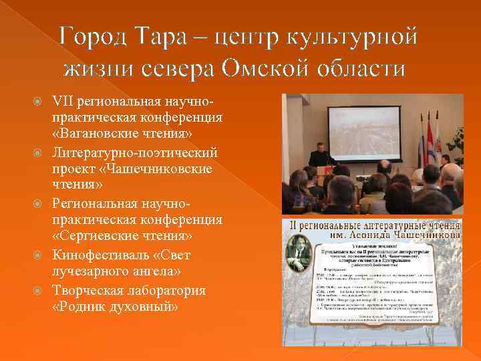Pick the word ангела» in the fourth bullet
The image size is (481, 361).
click(164, 271)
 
